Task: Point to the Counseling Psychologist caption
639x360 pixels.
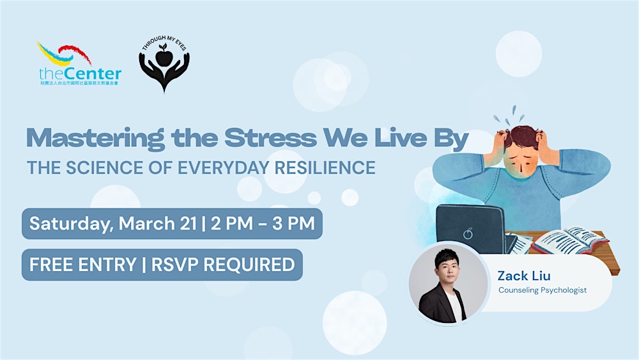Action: point(543,290)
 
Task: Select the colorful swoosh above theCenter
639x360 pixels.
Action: point(64,54)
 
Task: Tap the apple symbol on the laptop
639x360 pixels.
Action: point(468,234)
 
